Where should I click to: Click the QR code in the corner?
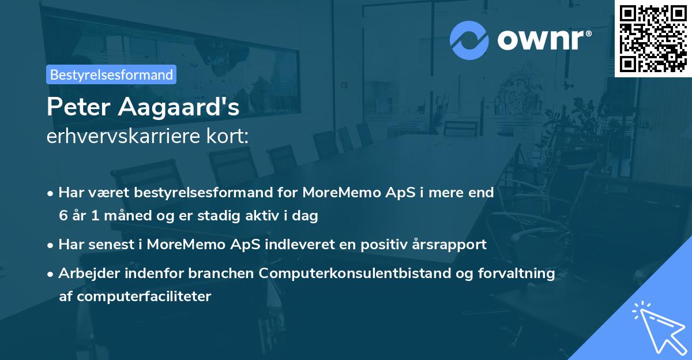pyautogui.click(x=653, y=38)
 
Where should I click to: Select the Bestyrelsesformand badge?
pyautogui.click(x=111, y=74)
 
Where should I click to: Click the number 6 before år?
pyautogui.click(x=62, y=216)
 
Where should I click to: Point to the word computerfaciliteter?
pyautogui.click(x=136, y=297)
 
